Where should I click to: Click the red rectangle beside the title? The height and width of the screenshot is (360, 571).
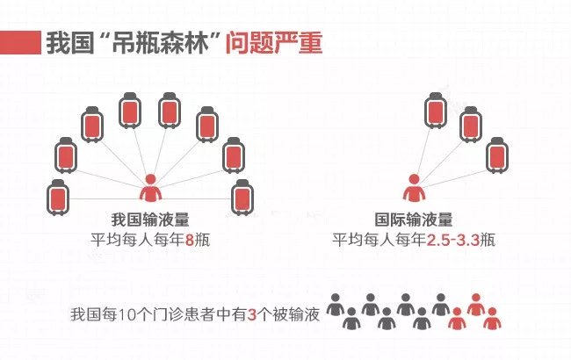click(20, 43)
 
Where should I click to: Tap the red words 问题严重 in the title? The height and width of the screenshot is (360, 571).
click(274, 43)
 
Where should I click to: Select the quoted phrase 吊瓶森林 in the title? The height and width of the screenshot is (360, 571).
click(160, 43)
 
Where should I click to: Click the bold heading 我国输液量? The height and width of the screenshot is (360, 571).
click(150, 220)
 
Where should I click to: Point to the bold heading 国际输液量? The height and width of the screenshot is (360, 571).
click(414, 220)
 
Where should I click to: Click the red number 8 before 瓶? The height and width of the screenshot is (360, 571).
click(190, 241)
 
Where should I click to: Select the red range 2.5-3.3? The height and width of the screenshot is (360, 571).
click(453, 241)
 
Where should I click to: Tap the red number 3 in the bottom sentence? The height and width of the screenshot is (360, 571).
click(251, 314)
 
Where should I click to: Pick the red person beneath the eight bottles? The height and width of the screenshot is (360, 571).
click(150, 188)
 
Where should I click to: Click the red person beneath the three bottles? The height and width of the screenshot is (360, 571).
click(414, 188)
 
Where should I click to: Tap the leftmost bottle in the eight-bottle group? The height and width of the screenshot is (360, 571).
click(58, 198)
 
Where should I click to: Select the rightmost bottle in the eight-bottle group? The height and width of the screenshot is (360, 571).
click(242, 198)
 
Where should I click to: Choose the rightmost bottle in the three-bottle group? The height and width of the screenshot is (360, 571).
click(497, 155)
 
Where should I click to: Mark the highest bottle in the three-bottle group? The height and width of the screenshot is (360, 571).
click(436, 111)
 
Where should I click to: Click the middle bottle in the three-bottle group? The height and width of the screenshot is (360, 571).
click(471, 125)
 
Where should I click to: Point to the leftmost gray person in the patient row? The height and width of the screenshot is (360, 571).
click(335, 305)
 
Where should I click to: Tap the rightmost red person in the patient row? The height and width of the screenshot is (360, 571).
click(492, 319)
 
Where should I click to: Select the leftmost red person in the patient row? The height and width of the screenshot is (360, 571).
click(457, 319)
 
